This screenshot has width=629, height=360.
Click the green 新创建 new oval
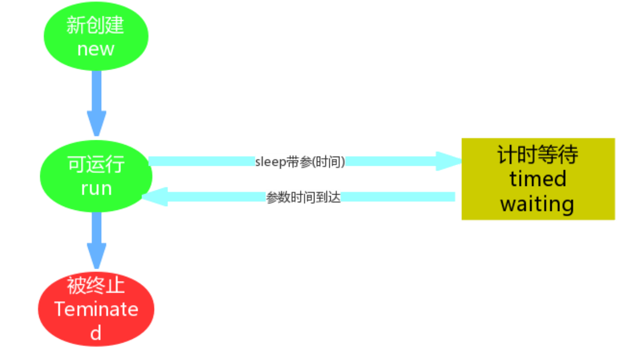[96, 36]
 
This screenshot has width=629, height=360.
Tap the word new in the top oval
[96, 49]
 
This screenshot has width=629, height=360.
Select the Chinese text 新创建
[96, 25]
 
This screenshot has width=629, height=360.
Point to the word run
[96, 188]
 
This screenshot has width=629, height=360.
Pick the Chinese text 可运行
[96, 164]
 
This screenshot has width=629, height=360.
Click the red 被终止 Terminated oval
[96, 309]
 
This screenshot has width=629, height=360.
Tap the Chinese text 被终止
[96, 285]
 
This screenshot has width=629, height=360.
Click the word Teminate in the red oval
[96, 309]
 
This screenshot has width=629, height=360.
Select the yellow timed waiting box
[538, 179]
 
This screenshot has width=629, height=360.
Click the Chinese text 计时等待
[538, 156]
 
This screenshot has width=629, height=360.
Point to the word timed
[538, 179]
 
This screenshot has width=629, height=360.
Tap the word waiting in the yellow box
[538, 204]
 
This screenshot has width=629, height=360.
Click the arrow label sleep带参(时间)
[300, 162]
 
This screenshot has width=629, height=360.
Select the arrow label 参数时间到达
[303, 197]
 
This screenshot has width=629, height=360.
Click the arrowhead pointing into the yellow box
[449, 161]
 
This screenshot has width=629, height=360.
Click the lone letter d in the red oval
[96, 333]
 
